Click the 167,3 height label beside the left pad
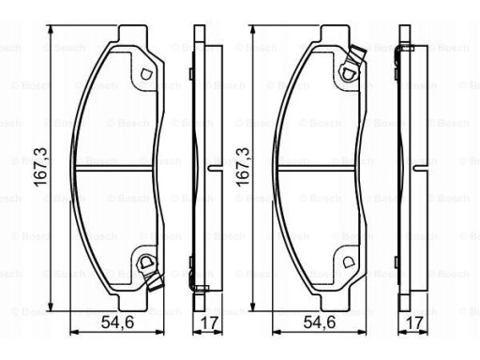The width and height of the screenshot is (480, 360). point(41,167)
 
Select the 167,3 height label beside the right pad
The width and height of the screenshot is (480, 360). point(244,167)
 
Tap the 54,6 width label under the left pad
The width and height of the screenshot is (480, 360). point(117,322)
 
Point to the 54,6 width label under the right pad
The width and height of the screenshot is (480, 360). point(320,322)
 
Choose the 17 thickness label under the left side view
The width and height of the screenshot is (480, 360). point(209,322)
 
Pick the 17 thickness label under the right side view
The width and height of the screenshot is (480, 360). point(414,322)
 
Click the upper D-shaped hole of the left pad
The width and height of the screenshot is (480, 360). point(146,74)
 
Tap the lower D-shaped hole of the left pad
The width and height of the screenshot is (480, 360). point(145,262)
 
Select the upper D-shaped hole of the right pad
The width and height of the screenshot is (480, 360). point(348,74)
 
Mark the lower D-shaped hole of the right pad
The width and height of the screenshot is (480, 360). point(348,262)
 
